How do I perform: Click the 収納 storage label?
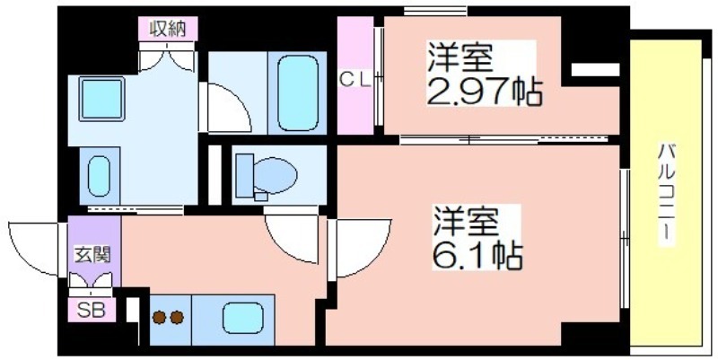coord(168,30)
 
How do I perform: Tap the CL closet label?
coord(355,80)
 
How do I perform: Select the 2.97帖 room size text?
coord(485,92)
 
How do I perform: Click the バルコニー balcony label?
coord(666,195)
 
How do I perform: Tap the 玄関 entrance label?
coord(93,256)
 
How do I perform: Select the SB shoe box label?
coord(91,311)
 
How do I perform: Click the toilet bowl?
coord(276,175)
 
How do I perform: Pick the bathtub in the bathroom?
coord(298,93)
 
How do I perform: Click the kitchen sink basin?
coord(242,318)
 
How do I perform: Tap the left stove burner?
coord(159,318)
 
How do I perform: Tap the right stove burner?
coord(177,318)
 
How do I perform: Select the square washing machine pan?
coord(101,99)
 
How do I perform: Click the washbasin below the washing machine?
coord(100,176)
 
